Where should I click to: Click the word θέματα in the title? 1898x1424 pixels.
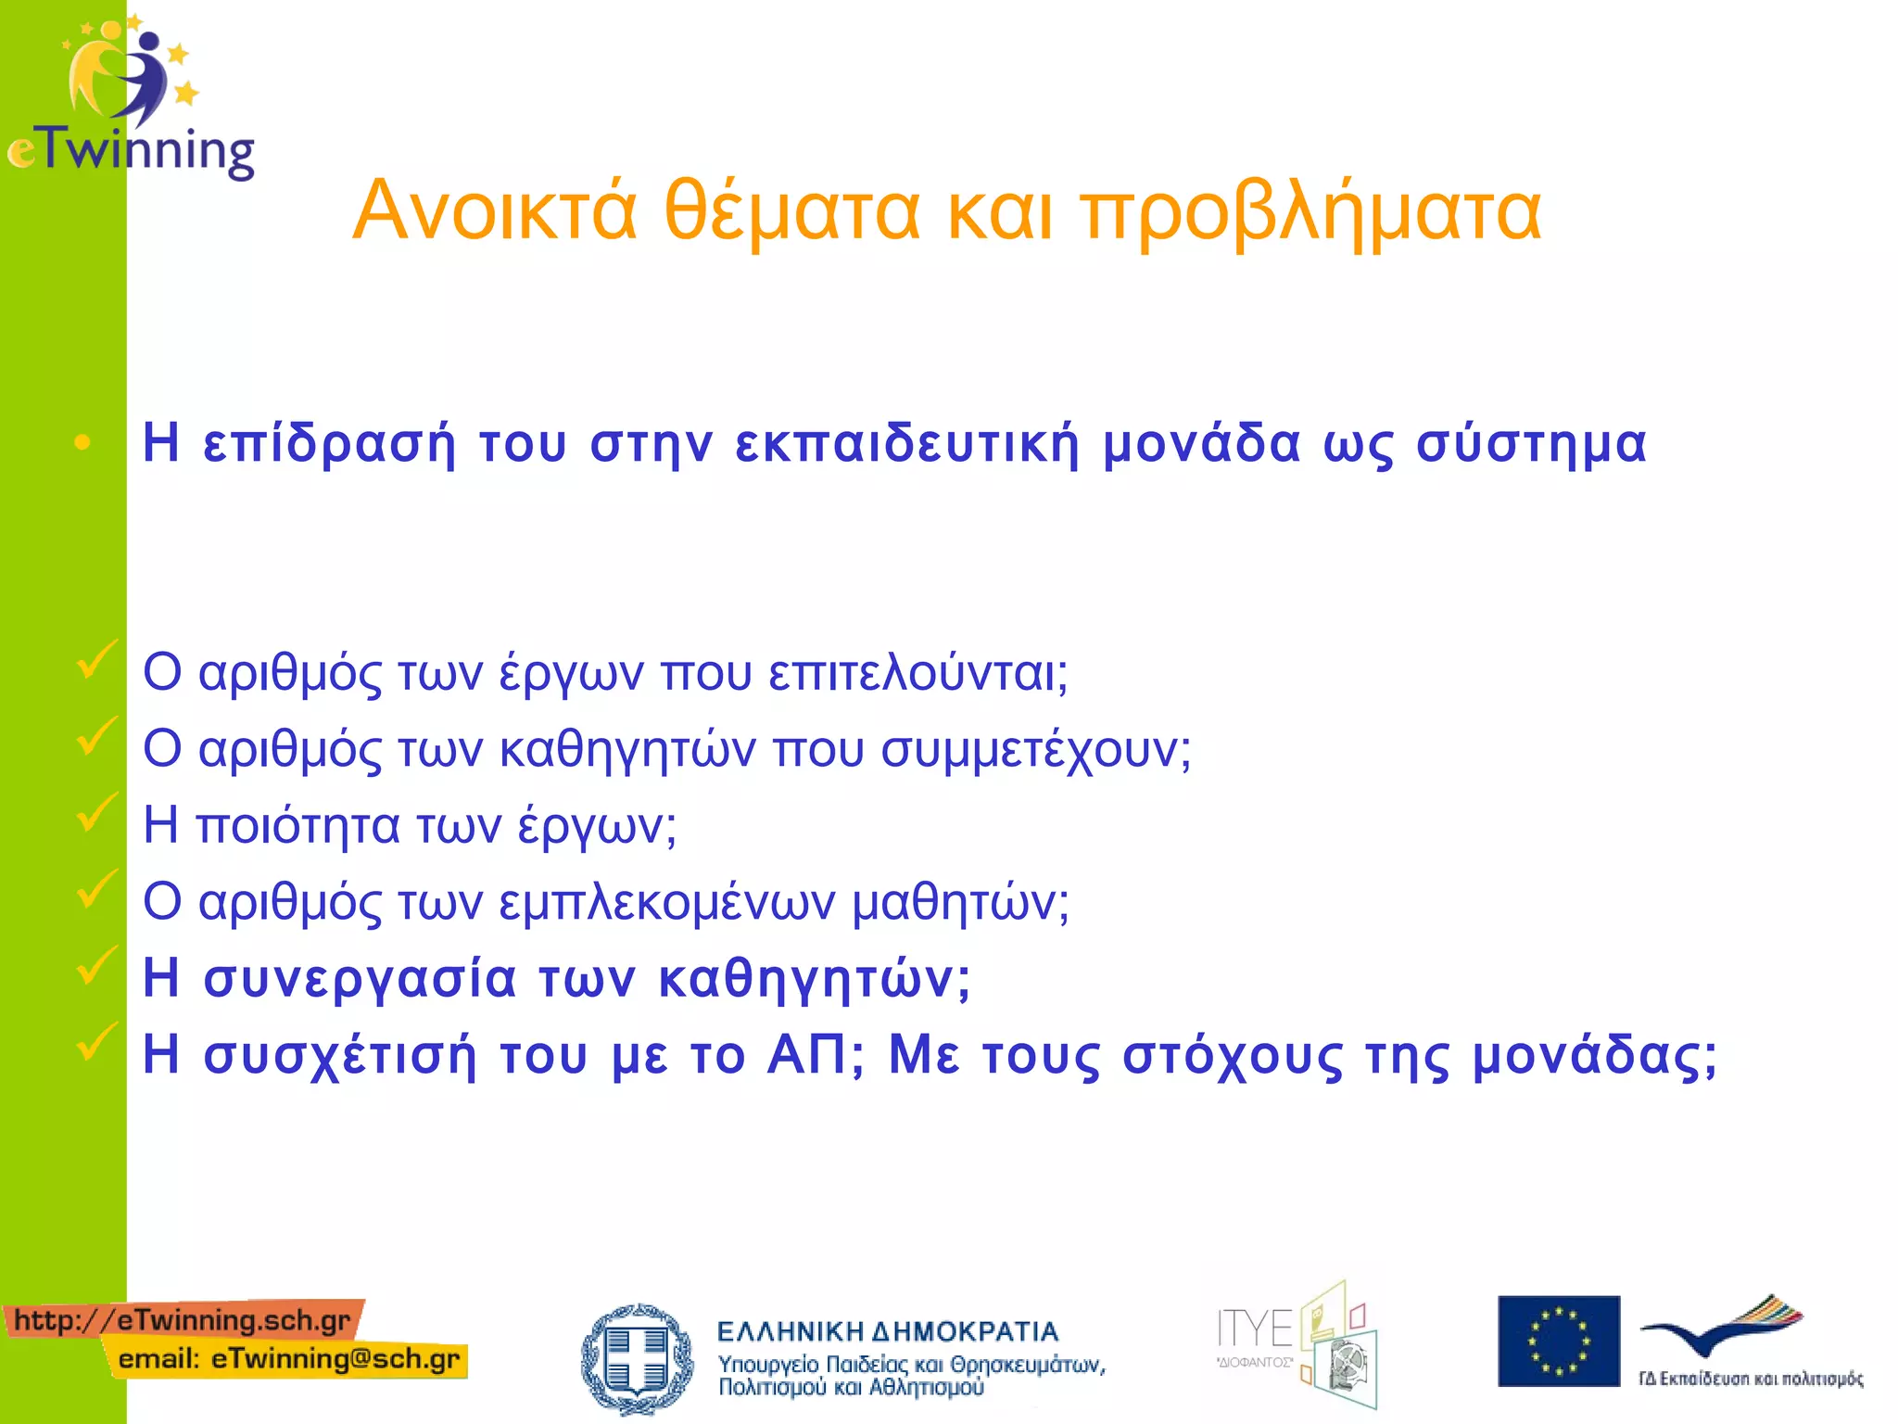(x=792, y=211)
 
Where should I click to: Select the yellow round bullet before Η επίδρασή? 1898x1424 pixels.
(x=82, y=443)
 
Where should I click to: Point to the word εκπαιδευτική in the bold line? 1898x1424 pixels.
(x=907, y=443)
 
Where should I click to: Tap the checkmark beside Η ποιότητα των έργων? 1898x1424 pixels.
(x=96, y=812)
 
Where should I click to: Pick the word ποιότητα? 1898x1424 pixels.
(x=297, y=826)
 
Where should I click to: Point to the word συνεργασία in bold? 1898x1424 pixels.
(x=360, y=979)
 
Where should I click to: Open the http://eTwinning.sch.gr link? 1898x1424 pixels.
(x=183, y=1319)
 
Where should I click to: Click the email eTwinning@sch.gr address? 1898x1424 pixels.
(x=289, y=1359)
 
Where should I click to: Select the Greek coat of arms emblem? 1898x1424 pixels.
(x=636, y=1358)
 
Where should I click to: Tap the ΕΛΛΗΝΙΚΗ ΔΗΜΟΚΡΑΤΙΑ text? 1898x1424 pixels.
(x=887, y=1332)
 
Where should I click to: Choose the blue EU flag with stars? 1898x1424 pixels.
(x=1559, y=1341)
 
